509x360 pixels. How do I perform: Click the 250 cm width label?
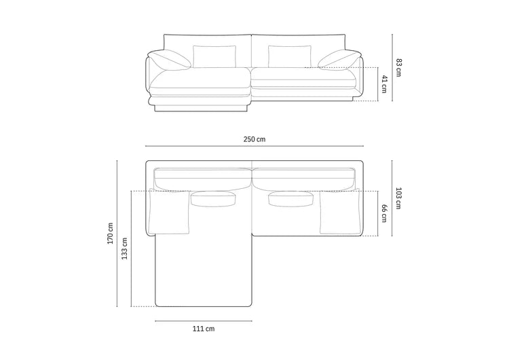click(254, 139)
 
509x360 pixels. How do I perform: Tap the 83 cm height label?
click(398, 67)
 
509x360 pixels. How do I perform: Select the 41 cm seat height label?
click(384, 84)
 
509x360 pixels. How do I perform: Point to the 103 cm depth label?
click(398, 198)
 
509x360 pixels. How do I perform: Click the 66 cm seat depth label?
click(384, 213)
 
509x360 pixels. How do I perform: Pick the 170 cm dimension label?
click(110, 233)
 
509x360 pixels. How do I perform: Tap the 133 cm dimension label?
click(124, 249)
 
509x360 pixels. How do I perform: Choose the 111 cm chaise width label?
click(204, 329)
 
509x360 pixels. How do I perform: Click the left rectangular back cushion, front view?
click(214, 56)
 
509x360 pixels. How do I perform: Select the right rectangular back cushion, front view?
click(290, 56)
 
